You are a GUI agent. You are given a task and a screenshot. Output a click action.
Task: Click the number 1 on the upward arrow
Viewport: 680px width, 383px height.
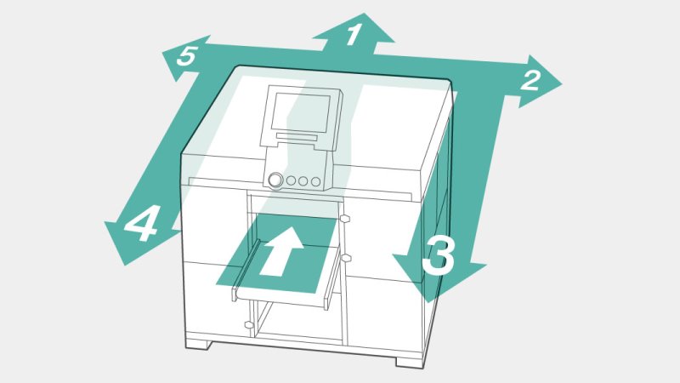pyautogui.click(x=354, y=34)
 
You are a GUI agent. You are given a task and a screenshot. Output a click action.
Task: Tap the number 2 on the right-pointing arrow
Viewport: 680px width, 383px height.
pyautogui.click(x=530, y=80)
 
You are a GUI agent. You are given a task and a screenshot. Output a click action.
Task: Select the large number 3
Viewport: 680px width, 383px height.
pyautogui.click(x=439, y=256)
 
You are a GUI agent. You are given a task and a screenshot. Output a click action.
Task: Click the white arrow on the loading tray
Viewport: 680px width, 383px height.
pyautogui.click(x=282, y=251)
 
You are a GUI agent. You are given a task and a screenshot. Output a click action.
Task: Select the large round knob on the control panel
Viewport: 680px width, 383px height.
pyautogui.click(x=275, y=180)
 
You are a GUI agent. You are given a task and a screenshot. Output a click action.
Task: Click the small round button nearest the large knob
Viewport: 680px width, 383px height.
pyautogui.click(x=291, y=180)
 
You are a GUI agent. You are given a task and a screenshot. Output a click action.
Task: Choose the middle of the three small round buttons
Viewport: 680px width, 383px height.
pyautogui.click(x=303, y=181)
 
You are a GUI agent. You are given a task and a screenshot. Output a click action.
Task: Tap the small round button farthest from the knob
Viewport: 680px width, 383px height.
pyautogui.click(x=315, y=181)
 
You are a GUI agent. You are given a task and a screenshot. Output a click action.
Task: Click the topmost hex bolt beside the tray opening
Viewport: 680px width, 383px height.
pyautogui.click(x=345, y=219)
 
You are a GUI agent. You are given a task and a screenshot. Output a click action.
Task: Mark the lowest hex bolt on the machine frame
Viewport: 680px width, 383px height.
pyautogui.click(x=248, y=325)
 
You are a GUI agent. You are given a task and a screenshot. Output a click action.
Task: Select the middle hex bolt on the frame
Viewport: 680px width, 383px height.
pyautogui.click(x=346, y=259)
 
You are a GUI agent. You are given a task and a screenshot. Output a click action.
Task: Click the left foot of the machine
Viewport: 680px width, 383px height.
pyautogui.click(x=199, y=345)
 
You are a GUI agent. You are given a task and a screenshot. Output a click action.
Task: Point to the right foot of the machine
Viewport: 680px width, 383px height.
pyautogui.click(x=410, y=361)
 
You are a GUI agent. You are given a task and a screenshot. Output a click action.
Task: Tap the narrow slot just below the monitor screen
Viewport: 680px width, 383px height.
pyautogui.click(x=297, y=137)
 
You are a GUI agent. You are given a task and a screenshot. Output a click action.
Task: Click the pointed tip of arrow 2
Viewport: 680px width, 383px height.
pyautogui.click(x=562, y=83)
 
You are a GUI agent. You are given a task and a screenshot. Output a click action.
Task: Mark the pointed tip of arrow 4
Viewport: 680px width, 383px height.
pyautogui.click(x=105, y=222)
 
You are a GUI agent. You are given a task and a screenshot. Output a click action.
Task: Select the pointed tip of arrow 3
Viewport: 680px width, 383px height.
pyautogui.click(x=428, y=302)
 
